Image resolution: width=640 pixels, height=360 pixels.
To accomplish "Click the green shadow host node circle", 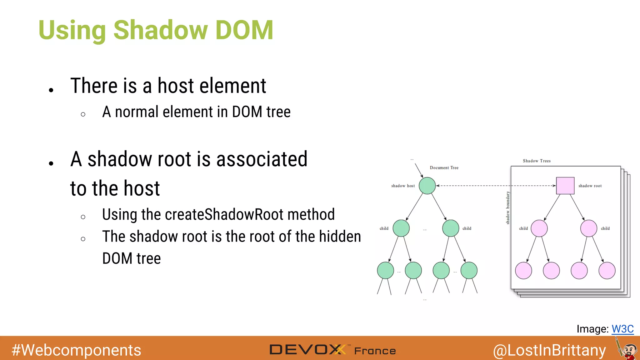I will [x=427, y=186].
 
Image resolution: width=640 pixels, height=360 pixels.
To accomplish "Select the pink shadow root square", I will [x=565, y=186].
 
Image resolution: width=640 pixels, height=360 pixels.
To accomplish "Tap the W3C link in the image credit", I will [x=622, y=329].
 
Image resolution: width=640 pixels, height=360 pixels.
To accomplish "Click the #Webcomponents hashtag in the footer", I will [x=76, y=350].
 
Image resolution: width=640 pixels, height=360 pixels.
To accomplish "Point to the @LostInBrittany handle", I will [x=549, y=350].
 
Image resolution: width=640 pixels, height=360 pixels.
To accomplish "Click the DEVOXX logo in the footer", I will [x=308, y=350].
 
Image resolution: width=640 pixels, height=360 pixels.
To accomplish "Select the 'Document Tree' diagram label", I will [x=444, y=168].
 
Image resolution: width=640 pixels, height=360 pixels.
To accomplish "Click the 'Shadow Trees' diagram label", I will [x=537, y=161].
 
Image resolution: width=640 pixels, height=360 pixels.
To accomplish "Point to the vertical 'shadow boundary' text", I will [x=508, y=208].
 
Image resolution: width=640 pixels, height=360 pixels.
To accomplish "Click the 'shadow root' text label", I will [x=590, y=186].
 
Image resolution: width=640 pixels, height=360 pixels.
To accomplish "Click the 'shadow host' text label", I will [x=403, y=186].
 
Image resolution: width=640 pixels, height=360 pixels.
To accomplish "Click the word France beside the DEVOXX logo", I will [x=375, y=351].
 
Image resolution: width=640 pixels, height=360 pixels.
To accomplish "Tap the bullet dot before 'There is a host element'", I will [x=51, y=90].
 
